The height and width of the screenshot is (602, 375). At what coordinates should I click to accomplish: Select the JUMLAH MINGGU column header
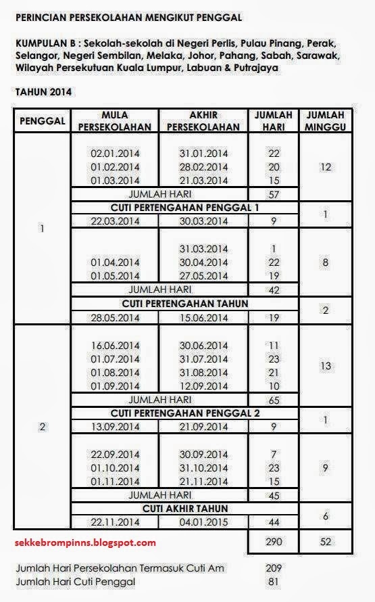(327, 120)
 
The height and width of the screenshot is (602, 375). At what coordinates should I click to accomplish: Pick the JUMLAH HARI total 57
(274, 194)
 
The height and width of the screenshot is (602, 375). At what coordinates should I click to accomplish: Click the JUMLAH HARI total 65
(274, 400)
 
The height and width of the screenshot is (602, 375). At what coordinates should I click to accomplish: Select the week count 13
(327, 365)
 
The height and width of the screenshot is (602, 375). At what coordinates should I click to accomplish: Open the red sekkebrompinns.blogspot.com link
(84, 542)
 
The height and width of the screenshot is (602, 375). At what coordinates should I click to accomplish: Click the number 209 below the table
(274, 568)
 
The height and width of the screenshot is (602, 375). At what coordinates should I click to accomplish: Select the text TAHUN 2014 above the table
(44, 91)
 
